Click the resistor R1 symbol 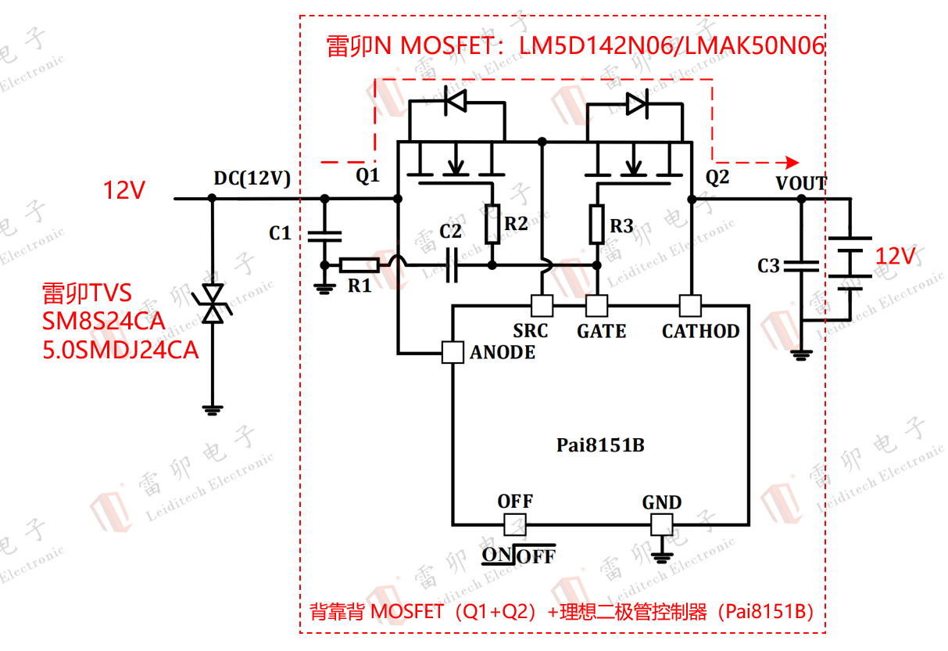360,265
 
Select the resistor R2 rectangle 492,223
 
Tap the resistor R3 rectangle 597,223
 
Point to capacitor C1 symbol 325,233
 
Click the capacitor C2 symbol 453,265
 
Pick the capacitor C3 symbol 801,266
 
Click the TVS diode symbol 212,304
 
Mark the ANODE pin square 453,352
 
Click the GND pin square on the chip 662,523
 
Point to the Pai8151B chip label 600,445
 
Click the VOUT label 801,183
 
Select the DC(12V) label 252,178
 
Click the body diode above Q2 637,102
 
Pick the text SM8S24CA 103,321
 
